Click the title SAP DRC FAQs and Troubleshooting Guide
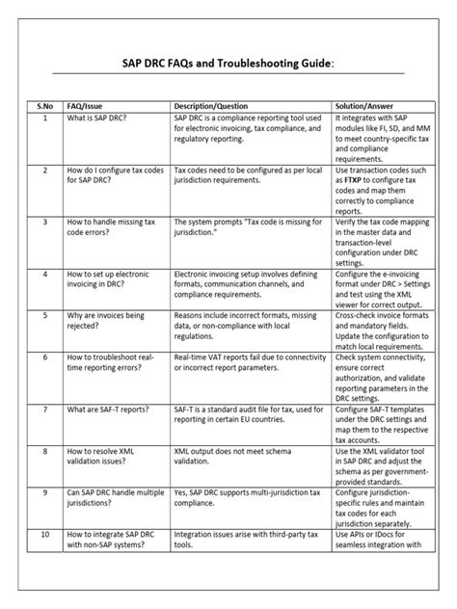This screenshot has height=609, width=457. (228, 63)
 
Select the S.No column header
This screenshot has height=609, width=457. (44, 104)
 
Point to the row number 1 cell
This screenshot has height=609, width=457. (44, 118)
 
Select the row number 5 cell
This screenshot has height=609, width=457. (44, 314)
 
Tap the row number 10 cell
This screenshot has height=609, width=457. (44, 534)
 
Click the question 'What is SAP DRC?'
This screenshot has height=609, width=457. (101, 118)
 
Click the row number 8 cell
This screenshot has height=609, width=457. (44, 450)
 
